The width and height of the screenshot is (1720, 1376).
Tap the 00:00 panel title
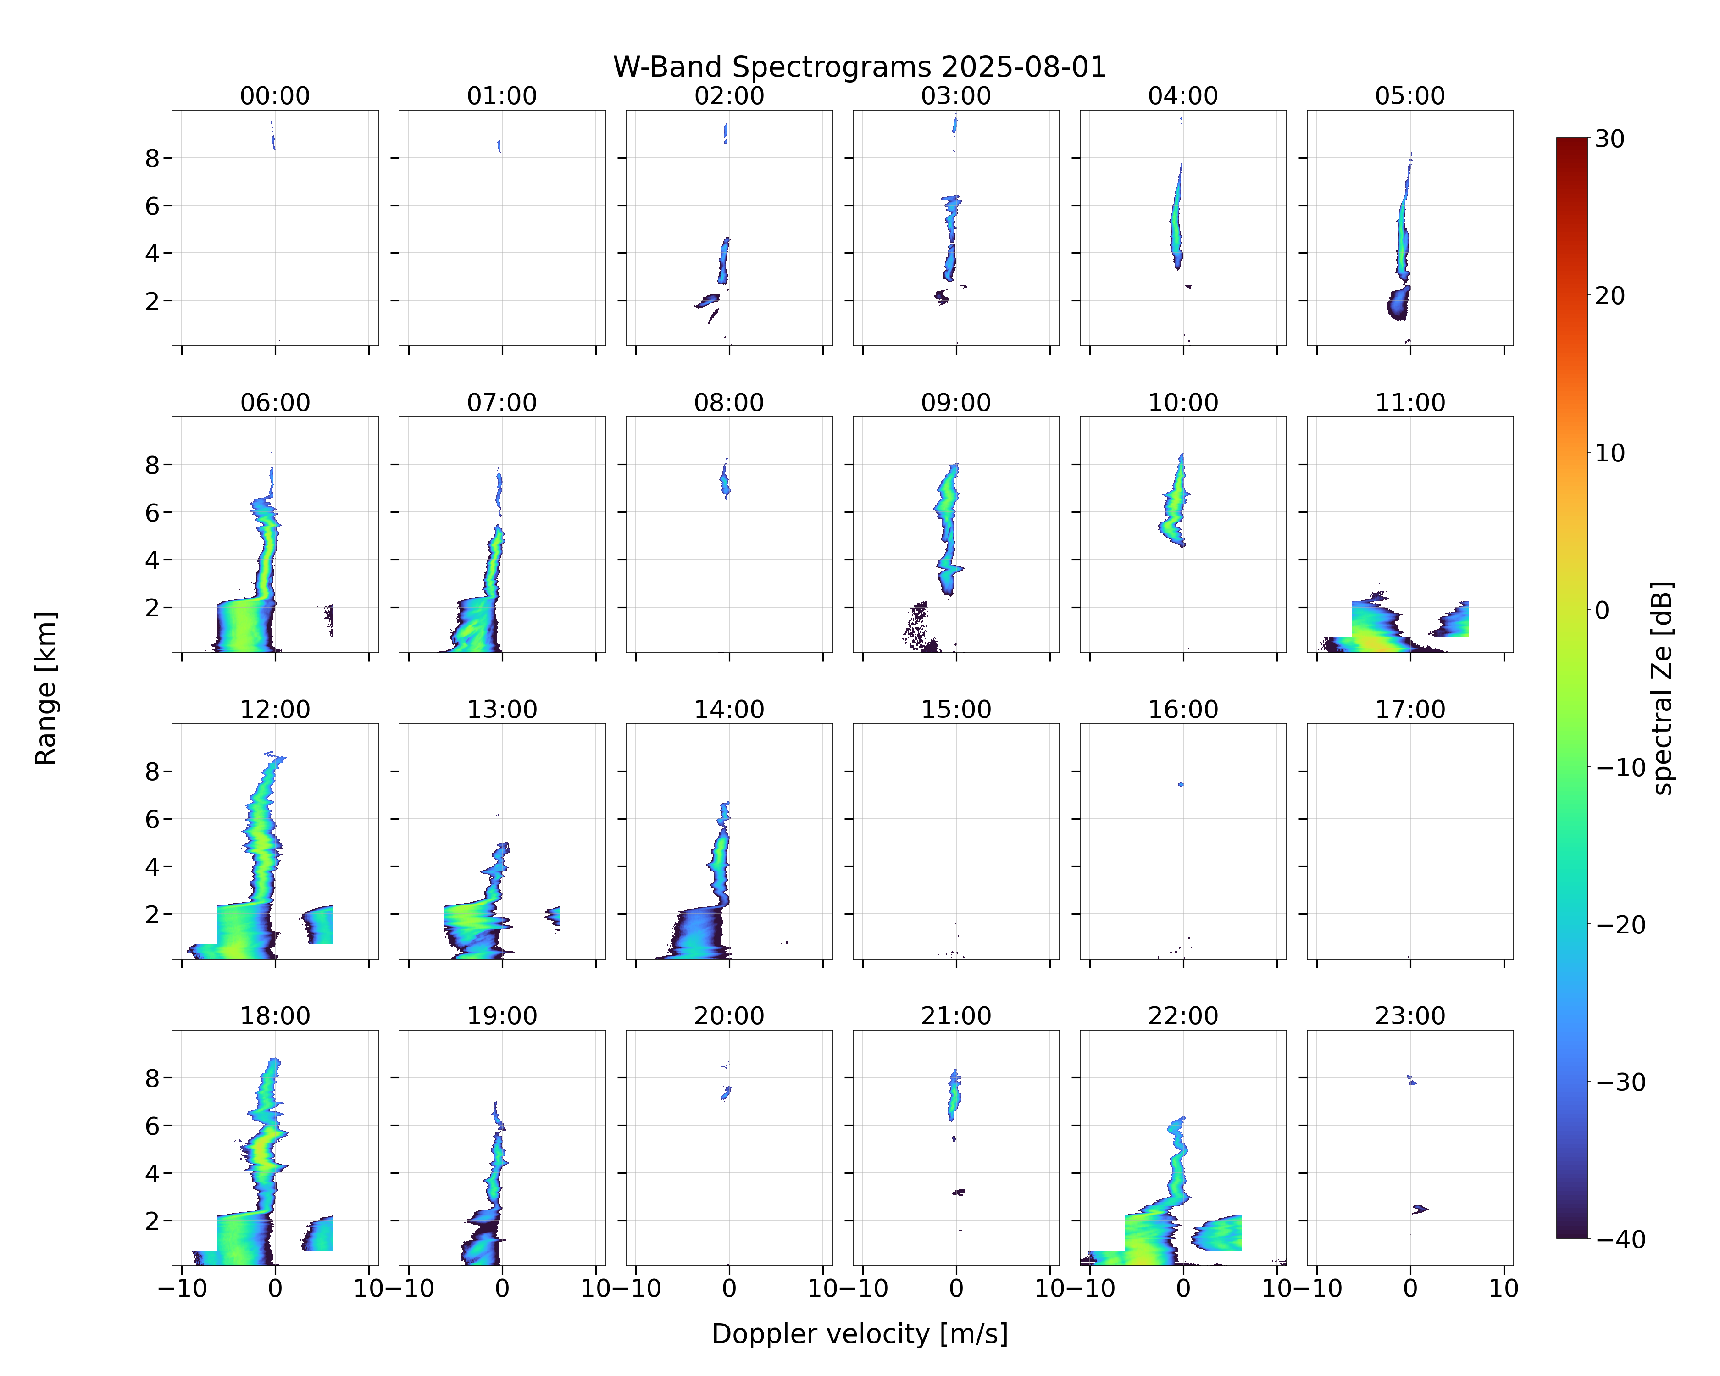(x=275, y=96)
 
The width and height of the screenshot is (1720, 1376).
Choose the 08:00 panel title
(x=729, y=403)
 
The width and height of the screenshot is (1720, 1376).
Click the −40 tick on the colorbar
(x=1620, y=1239)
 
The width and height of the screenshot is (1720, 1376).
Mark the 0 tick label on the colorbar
(x=1602, y=610)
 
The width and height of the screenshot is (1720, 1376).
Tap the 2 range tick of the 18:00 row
(x=152, y=1221)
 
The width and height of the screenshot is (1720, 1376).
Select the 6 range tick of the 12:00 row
(x=152, y=819)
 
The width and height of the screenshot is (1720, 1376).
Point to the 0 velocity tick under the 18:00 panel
(x=275, y=1288)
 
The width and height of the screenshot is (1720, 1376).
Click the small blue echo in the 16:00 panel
(x=1182, y=784)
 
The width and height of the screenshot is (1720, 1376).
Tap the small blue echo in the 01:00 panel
(x=499, y=145)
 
